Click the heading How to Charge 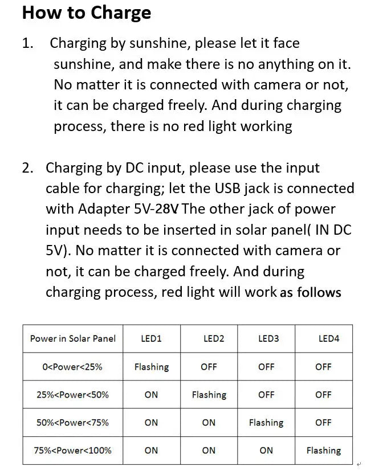87,13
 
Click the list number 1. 27,43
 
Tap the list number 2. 28,168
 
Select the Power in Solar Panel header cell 73,338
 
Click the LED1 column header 151,338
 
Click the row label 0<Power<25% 72,367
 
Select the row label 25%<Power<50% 72,394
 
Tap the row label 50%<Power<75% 72,422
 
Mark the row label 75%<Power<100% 72,450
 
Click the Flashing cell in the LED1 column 152,367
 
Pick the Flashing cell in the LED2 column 209,394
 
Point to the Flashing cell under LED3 266,423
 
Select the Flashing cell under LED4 323,451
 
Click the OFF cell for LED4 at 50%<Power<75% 323,422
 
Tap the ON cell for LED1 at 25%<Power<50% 151,394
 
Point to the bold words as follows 311,293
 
